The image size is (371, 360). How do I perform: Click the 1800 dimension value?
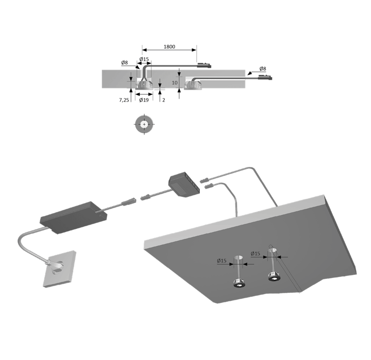coord(169,47)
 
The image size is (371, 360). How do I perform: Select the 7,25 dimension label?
coord(124,100)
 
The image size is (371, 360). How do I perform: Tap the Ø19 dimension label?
coord(144,100)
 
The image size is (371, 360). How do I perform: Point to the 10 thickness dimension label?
coord(175,83)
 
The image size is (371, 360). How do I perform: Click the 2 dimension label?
coord(163,100)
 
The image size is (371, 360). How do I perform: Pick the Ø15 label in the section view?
coord(144,59)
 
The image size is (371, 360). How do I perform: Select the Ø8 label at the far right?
coord(262,69)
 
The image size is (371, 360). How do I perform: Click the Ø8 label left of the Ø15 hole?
coord(124,63)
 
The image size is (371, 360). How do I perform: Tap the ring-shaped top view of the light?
coord(144,124)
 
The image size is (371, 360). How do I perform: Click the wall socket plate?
coord(59,269)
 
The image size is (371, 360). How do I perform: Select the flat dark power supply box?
coord(73,218)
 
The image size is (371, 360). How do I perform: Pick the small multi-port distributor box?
coord(184,184)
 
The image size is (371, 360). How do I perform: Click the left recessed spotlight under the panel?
coord(239,283)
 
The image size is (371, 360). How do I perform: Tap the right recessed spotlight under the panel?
coord(275,276)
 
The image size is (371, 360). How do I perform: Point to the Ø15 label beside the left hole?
coord(222,261)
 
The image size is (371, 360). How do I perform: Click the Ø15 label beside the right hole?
coord(256,253)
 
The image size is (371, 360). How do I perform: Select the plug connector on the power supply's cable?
coord(129,202)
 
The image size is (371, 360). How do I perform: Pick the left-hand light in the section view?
coord(144,85)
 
